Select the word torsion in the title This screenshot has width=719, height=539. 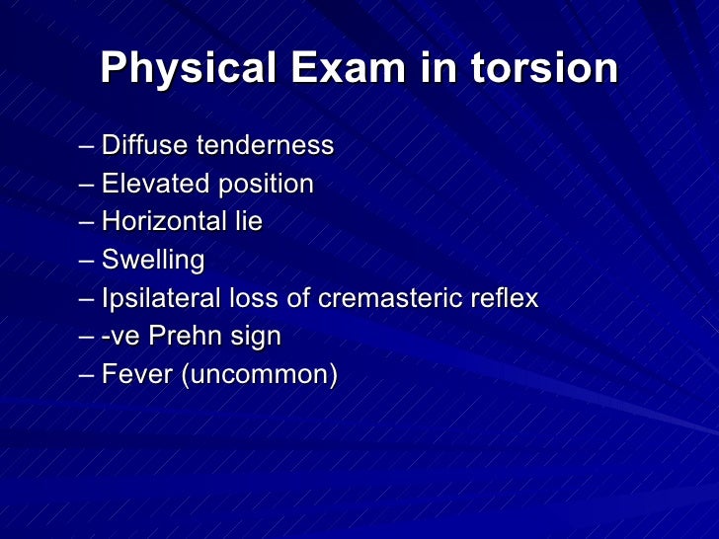click(x=544, y=68)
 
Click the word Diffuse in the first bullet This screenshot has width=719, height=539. click(x=145, y=146)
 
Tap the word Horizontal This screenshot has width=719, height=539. click(x=164, y=222)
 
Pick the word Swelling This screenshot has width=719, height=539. click(x=153, y=262)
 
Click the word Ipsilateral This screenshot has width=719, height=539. click(x=161, y=299)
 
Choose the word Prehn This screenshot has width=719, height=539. click(x=181, y=337)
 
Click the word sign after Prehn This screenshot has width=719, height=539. click(x=255, y=338)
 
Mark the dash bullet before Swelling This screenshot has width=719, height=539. click(x=87, y=262)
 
